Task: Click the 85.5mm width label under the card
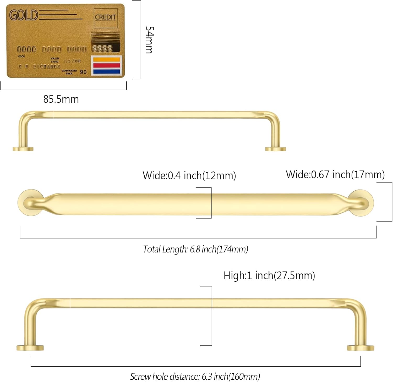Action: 61,99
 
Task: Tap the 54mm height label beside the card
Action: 149,40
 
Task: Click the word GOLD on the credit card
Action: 24,15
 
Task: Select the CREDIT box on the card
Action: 105,18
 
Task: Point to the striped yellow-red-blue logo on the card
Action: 106,65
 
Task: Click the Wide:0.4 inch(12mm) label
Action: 189,175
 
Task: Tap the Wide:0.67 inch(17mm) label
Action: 335,175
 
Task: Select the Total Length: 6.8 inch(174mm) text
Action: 195,249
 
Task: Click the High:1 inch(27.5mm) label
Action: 269,276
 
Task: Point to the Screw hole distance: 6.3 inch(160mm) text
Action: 195,377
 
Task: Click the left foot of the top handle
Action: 23,149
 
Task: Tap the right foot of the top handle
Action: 275,149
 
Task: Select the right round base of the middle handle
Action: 362,203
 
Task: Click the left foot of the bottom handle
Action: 30,348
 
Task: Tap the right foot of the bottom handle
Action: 361,348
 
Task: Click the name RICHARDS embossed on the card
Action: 46,67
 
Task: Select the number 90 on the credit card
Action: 83,72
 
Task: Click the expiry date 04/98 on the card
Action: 72,61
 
